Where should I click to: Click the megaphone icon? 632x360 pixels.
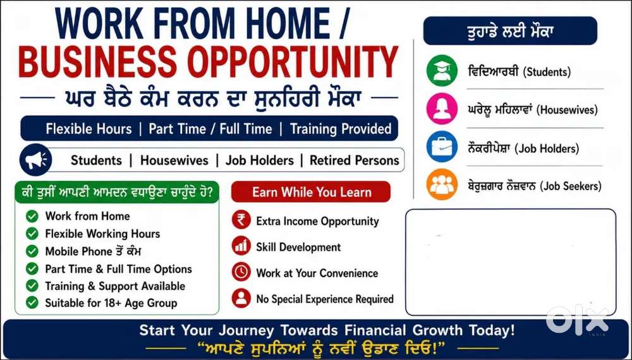[36, 160]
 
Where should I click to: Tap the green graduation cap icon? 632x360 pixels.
[442, 71]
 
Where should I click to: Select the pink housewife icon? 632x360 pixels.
[442, 109]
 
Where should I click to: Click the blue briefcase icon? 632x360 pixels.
[442, 147]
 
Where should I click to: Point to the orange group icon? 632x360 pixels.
[442, 184]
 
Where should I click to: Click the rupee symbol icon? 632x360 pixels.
[241, 220]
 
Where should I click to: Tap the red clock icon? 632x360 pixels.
[241, 272]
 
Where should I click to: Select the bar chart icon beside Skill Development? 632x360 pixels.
[241, 246]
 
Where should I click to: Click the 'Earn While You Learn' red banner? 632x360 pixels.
[311, 192]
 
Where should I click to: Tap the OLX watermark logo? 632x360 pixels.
[577, 320]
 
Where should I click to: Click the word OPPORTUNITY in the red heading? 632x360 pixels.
[293, 62]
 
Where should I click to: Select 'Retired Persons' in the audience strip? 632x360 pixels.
[355, 160]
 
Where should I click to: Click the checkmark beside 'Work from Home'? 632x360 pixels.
[32, 216]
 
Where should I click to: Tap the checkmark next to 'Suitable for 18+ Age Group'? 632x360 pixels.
[32, 303]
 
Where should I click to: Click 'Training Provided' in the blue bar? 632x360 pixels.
[341, 129]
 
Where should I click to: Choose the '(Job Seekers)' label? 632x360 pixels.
[570, 186]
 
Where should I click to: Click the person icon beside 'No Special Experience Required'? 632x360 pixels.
[241, 298]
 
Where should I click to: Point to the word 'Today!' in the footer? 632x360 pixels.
[492, 330]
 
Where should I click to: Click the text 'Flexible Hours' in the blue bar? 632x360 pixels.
[88, 129]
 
